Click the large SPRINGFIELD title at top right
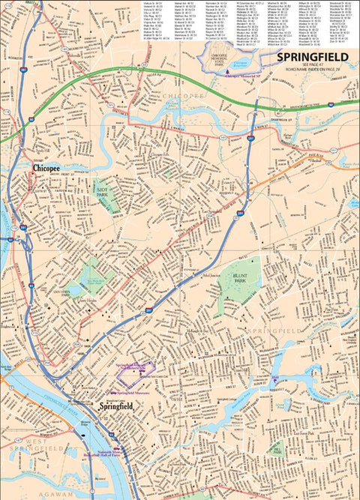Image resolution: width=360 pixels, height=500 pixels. pos(312,56)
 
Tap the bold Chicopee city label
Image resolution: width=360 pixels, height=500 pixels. pos(46,170)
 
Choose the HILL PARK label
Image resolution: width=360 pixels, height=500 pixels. pos(277,452)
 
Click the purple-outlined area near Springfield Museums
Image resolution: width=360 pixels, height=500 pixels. pos(136,371)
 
